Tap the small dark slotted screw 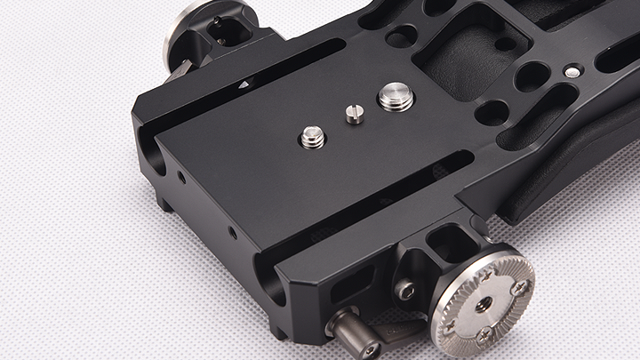[350, 113]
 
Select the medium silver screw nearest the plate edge [310, 136]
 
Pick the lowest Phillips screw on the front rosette [486, 335]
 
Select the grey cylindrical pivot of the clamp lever [341, 324]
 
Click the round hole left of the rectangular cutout [401, 36]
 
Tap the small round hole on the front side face [233, 235]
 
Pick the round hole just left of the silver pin [534, 76]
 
